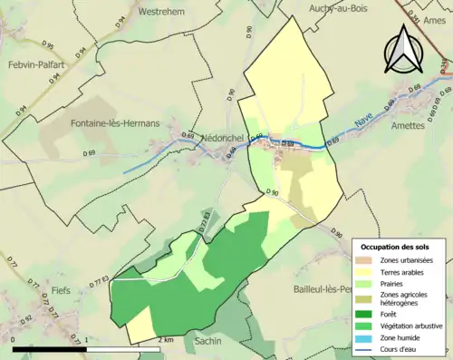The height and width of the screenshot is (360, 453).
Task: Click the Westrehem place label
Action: pos(163,12)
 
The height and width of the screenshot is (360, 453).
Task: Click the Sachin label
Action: pos(208,341)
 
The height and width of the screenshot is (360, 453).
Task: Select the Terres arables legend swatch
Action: pos(369,270)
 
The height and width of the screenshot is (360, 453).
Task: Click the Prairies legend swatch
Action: pos(369,281)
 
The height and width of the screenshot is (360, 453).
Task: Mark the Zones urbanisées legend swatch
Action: pos(369,260)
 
